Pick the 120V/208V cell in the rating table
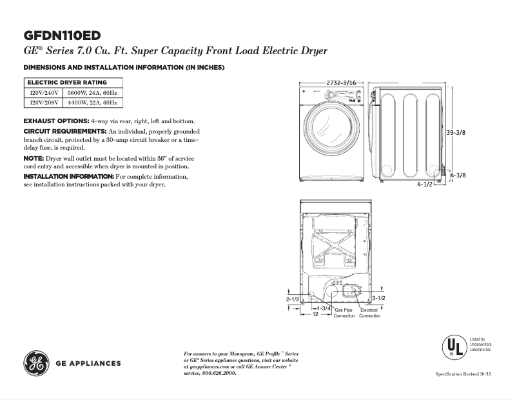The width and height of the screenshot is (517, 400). coord(44,102)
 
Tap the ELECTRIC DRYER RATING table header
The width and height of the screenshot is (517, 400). coord(66,83)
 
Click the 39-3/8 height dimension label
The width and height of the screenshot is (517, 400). coord(456,132)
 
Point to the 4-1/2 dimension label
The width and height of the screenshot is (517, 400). coord(424,184)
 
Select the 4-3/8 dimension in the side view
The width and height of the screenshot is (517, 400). coord(458,175)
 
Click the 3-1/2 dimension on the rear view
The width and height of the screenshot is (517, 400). coord(379,297)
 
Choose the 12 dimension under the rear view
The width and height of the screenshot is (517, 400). coord(316,315)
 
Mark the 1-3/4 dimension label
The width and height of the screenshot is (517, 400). coord(324,308)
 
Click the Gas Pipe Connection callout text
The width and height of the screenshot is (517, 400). coord(344,313)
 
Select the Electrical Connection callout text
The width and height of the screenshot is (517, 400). coord(369,313)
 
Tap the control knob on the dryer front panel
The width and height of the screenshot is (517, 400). coord(328,95)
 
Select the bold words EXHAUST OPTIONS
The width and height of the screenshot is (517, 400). coord(56,121)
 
